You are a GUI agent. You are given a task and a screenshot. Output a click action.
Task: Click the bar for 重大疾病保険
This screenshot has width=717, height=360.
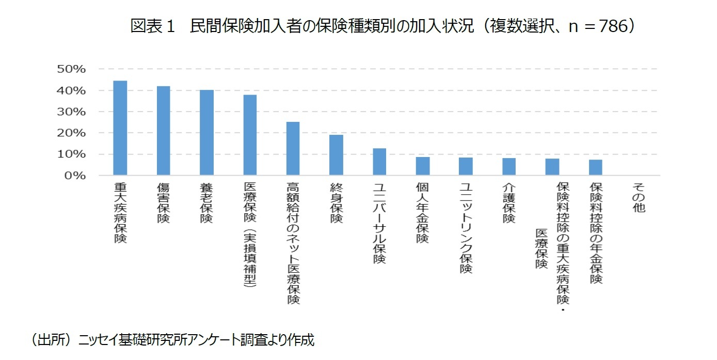pos(120,128)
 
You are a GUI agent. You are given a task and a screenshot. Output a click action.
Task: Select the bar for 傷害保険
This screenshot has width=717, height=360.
pos(163,131)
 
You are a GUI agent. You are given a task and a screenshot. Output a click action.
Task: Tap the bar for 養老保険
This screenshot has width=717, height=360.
pos(206,133)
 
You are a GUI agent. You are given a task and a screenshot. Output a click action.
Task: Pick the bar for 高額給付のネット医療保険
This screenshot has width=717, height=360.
pos(293,149)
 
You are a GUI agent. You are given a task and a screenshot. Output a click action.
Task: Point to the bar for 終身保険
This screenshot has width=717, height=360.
pos(336,155)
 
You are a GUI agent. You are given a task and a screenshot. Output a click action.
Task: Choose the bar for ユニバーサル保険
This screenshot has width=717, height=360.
pos(379,162)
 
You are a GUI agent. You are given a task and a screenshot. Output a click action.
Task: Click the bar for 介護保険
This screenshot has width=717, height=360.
pos(509,167)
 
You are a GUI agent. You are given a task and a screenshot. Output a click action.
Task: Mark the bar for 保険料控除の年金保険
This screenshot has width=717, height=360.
pos(595,167)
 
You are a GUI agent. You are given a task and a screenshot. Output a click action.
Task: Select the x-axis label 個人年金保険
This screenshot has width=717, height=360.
pos(423,212)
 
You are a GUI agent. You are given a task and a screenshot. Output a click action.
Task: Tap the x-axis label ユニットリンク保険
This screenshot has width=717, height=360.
pos(466,227)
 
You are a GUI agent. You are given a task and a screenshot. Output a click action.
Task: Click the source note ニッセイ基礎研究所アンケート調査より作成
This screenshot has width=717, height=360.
pos(196,340)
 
